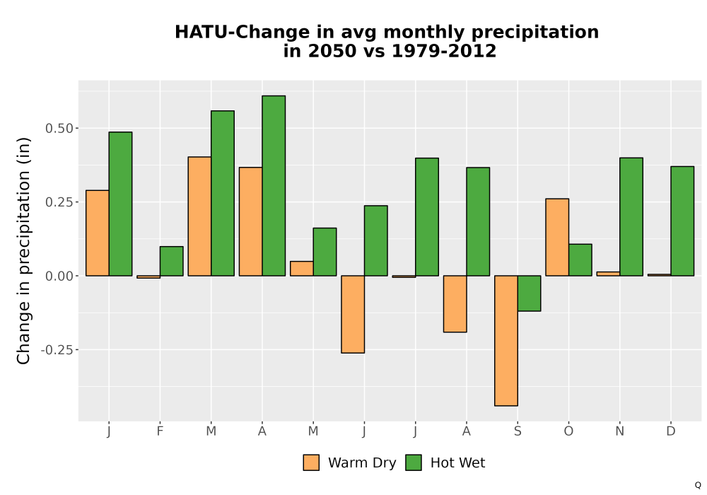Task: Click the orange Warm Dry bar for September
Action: (x=506, y=341)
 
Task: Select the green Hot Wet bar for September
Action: (x=530, y=293)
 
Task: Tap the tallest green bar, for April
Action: (x=274, y=186)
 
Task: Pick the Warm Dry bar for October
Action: (x=557, y=237)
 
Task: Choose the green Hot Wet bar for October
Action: (x=580, y=260)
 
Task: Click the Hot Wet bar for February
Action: (x=171, y=261)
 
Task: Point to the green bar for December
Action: (x=682, y=221)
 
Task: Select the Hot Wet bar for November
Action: (x=631, y=217)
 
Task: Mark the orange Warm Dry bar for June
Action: (x=353, y=314)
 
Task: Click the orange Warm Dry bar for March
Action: (x=199, y=216)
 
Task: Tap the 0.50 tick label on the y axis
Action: (x=59, y=129)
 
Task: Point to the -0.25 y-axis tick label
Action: (x=57, y=350)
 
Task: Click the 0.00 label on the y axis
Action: (x=59, y=276)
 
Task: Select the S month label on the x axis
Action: (x=518, y=431)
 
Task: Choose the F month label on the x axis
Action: (x=160, y=431)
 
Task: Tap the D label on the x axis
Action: (x=671, y=431)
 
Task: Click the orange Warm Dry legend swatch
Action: (x=311, y=462)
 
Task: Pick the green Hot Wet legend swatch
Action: (x=414, y=462)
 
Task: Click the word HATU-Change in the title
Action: (x=242, y=33)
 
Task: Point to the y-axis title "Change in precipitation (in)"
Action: (x=23, y=250)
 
